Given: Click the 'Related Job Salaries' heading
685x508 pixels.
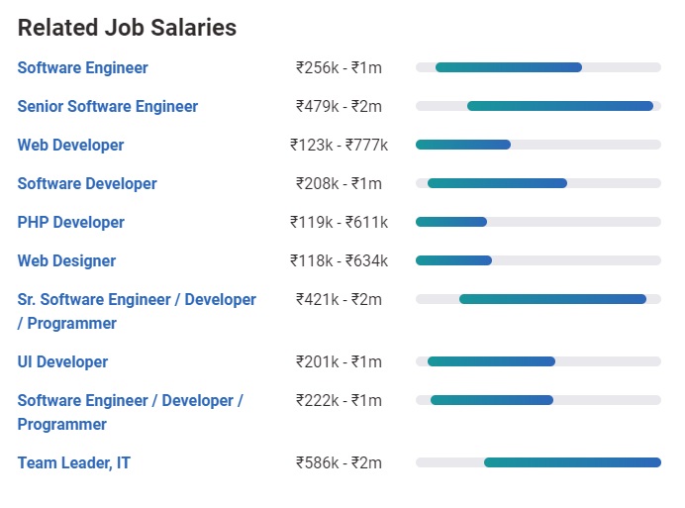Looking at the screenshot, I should pos(127,28).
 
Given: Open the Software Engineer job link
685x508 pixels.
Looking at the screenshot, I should pos(82,68).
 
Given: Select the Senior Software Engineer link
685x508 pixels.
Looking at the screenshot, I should pos(107,107).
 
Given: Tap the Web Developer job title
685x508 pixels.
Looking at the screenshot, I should pos(70,146).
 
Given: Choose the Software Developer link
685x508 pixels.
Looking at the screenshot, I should pos(87,184).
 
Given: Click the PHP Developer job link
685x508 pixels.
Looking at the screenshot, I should pos(70,223).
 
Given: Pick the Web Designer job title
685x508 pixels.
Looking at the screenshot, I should pos(66,261).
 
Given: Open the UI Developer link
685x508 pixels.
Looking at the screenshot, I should pos(62,362).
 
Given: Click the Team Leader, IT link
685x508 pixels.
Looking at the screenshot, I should pos(73,463).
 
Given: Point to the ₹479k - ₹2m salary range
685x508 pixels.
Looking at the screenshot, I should pos(339,107).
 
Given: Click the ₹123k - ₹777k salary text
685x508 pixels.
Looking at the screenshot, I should pos(339,146).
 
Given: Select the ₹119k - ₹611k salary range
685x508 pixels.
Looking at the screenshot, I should pos(339,223).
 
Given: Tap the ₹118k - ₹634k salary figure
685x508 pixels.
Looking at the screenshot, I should pos(339,261).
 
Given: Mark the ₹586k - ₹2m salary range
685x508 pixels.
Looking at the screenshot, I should pos(339,463).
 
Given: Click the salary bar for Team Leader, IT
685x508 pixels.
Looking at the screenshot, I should pos(571,462).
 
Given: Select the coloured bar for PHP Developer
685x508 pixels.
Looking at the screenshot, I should pos(451,222).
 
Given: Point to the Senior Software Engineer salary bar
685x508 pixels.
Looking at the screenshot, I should pos(559,106).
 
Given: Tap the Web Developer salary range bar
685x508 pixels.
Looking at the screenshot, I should pos(463,145).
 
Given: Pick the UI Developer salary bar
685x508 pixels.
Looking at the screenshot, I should pos(491,361).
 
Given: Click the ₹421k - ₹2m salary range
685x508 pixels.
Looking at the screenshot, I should pos(339,300).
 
